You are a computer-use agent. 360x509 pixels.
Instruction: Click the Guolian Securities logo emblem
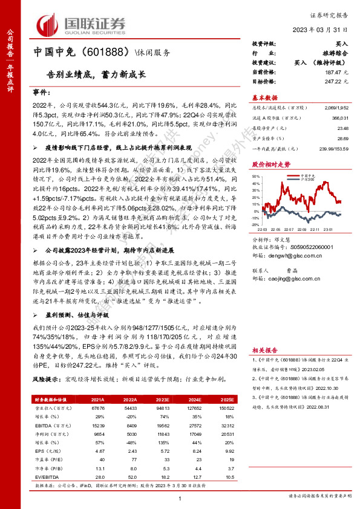click(50, 23)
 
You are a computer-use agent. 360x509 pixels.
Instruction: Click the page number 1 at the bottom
click(180, 498)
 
